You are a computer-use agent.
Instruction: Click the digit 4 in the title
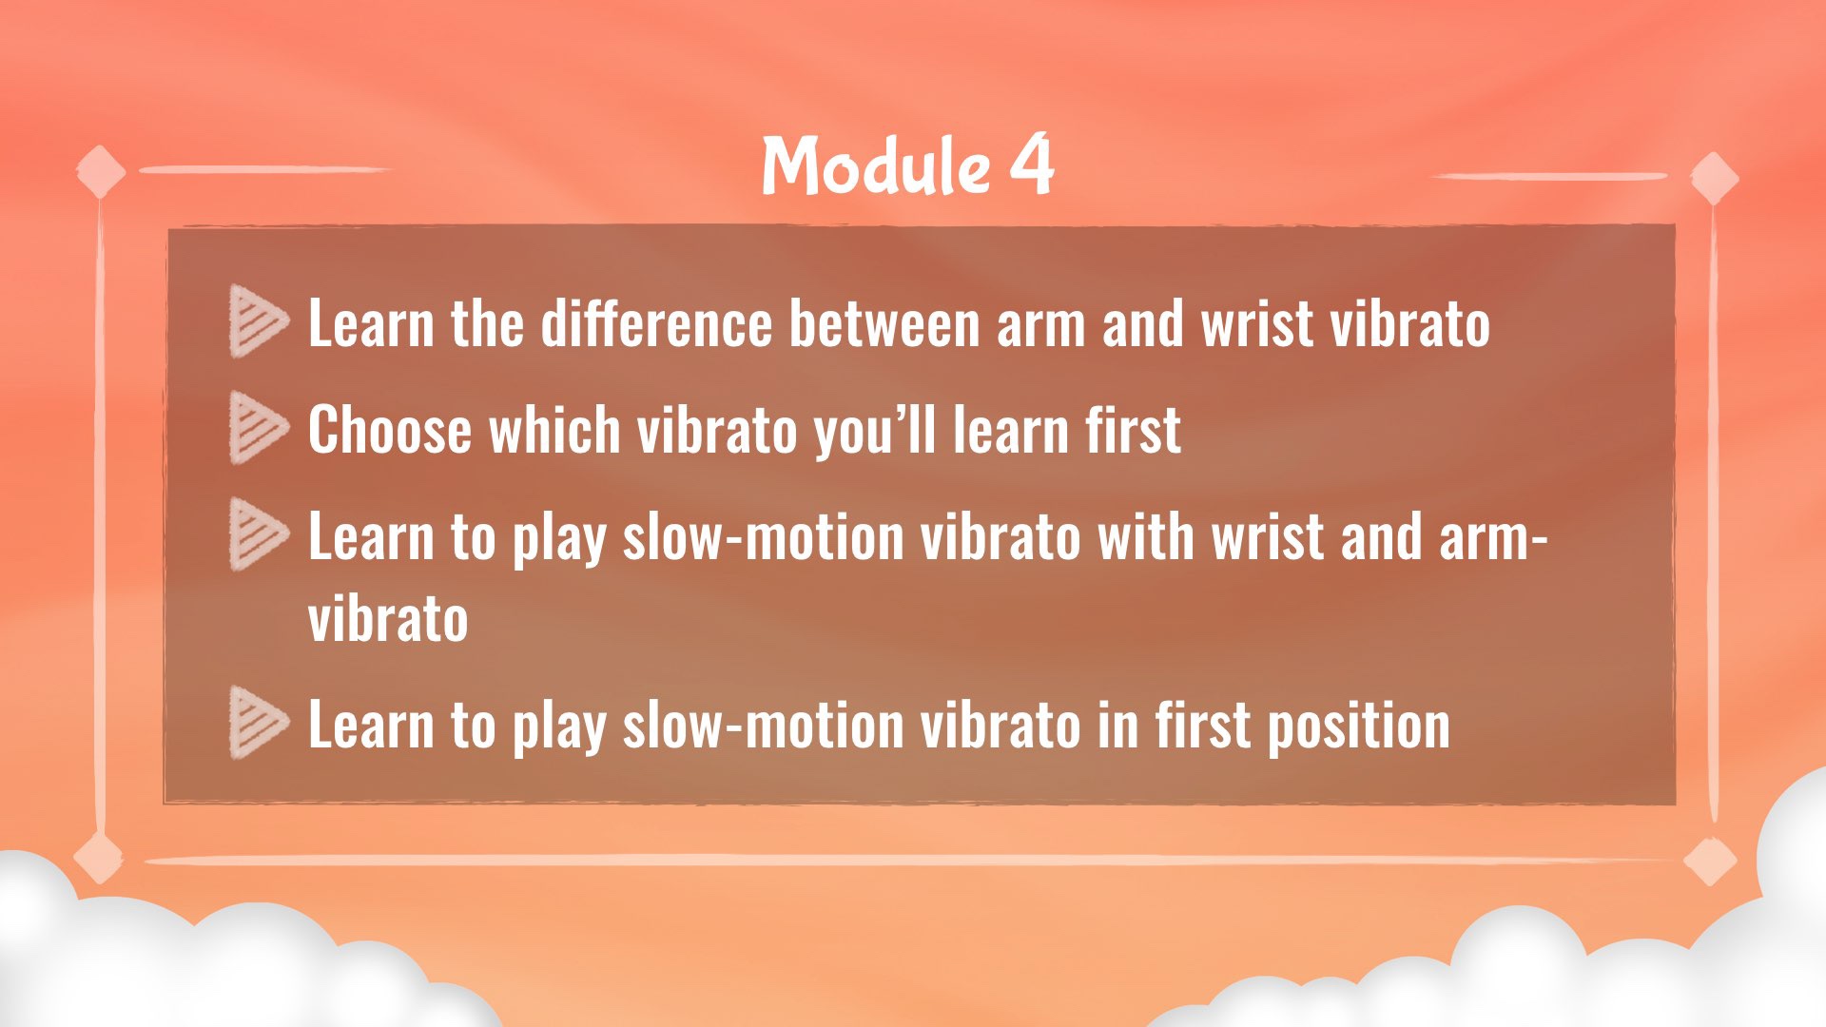point(1032,165)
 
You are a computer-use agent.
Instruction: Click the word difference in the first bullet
point(656,323)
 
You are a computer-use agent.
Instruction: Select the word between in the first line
point(884,323)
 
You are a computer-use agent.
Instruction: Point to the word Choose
point(390,430)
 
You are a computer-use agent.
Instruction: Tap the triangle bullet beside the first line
point(258,322)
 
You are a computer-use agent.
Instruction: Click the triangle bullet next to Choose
point(258,428)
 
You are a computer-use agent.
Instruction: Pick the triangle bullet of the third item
point(258,534)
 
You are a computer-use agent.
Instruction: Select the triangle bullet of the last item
point(258,723)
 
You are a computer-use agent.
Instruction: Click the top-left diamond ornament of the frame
point(101,172)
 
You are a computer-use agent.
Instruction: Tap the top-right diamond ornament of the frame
point(1715,178)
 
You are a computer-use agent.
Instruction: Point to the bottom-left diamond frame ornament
point(99,858)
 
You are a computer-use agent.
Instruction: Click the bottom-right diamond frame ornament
point(1710,862)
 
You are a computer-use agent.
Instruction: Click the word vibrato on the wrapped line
point(388,619)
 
